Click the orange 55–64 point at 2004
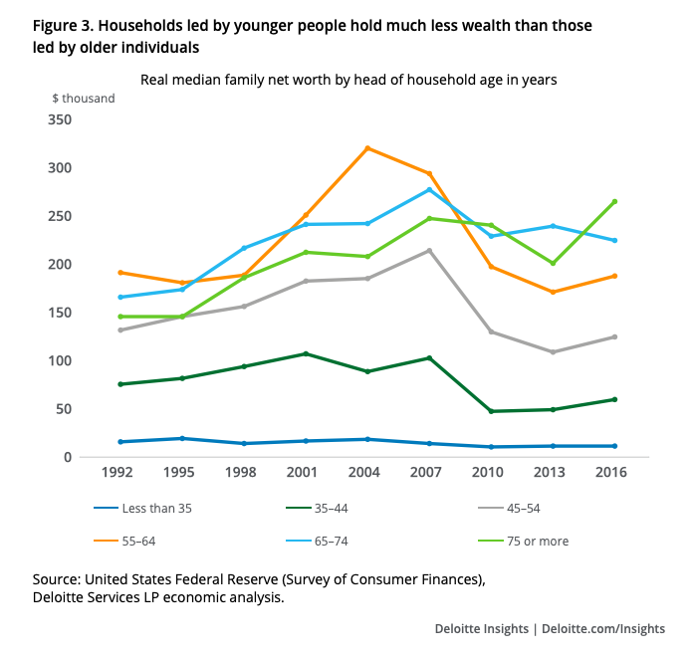tap(367, 148)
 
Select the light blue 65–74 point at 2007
tap(429, 190)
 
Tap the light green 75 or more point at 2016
tap(614, 201)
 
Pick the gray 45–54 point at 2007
tap(429, 250)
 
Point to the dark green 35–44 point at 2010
tap(491, 411)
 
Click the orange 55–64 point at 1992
tap(120, 272)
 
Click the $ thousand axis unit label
tap(84, 98)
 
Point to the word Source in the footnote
tap(58, 578)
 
